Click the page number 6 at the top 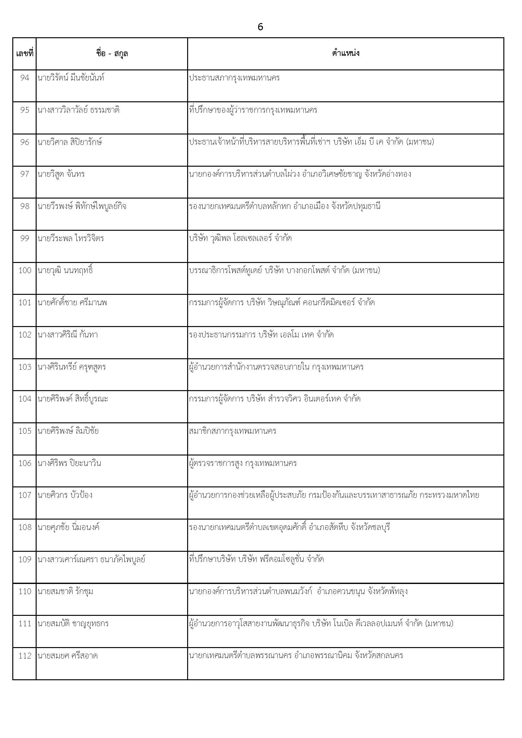(260, 27)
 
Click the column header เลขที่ (24, 53)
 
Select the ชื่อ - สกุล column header (112, 53)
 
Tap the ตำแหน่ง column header (346, 53)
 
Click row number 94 (25, 78)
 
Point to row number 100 (25, 270)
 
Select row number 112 (25, 656)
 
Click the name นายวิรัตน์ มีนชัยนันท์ (71, 78)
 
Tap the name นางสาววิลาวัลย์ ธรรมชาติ (79, 110)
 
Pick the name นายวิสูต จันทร (61, 174)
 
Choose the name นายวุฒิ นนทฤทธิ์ (65, 270)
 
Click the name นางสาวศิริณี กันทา (68, 335)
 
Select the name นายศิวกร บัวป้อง (65, 495)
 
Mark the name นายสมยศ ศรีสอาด (68, 656)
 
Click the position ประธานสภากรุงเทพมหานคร (234, 78)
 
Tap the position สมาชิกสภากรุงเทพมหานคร (233, 431)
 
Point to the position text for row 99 (240, 238)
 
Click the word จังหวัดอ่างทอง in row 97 (388, 174)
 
